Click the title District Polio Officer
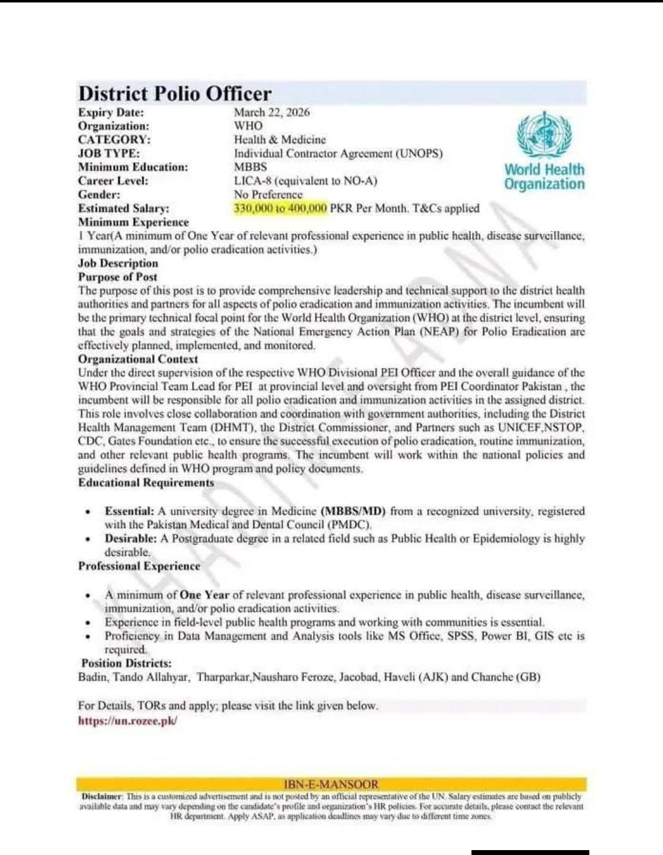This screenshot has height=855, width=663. point(174,94)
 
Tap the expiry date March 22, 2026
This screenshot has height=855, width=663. point(271,112)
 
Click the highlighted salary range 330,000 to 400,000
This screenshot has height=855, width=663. point(280,208)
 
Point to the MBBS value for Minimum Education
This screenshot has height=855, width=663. point(250,167)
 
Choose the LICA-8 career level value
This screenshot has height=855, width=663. point(305,181)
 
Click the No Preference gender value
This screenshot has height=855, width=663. point(268,195)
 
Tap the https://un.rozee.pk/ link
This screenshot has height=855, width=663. point(128,721)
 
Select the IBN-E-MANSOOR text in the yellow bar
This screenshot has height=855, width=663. point(331,784)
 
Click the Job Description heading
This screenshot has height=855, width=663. point(118,264)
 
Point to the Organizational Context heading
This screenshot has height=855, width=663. point(138,359)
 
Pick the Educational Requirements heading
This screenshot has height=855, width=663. point(145,483)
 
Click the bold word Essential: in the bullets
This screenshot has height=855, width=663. point(129,511)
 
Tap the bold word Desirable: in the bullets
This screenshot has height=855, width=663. point(131,539)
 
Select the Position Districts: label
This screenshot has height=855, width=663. point(126,663)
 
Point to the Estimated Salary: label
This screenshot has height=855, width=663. point(123,209)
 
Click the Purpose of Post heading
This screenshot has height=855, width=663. point(117,277)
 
